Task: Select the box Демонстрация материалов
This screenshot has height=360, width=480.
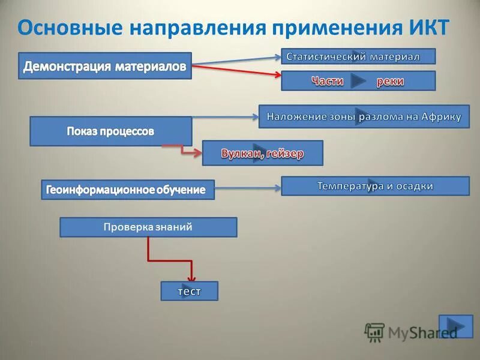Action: coord(105,67)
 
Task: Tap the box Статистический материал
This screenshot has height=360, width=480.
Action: coord(358,56)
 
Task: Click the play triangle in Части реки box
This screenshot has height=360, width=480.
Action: coord(359,81)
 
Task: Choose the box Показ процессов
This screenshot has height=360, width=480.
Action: coord(110,131)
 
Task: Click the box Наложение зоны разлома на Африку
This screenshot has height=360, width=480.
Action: coord(364,116)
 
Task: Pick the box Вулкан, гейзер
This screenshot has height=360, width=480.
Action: coord(262,153)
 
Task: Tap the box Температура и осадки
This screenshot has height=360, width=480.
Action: coord(375,186)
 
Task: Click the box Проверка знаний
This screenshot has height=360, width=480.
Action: coord(148,227)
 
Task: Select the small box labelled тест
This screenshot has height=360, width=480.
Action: coord(189,291)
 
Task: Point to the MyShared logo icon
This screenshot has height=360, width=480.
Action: coord(375,332)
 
